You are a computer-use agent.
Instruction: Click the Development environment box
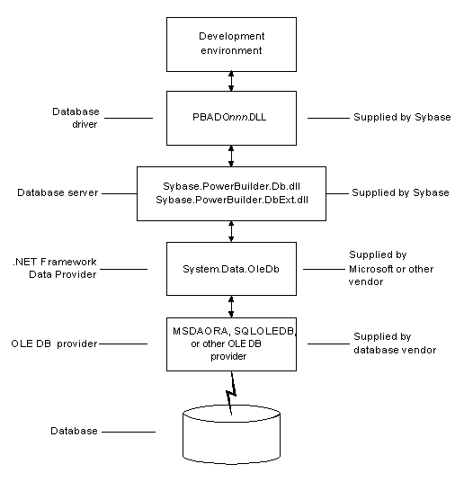pos(231,43)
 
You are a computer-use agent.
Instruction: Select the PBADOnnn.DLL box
pos(231,117)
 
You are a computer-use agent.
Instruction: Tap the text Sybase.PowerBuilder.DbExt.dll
pos(231,201)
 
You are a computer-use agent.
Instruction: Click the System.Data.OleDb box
pos(231,268)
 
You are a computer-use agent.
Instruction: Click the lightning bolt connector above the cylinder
pos(231,393)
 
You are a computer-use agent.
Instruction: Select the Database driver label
pos(76,118)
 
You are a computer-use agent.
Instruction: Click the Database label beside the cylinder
pos(75,431)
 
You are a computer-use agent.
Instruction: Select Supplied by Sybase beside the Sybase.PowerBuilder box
pos(400,193)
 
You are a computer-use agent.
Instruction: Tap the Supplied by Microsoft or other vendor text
pos(392,268)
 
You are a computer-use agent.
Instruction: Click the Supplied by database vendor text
pos(394,343)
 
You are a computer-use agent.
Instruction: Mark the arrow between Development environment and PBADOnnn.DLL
pos(231,80)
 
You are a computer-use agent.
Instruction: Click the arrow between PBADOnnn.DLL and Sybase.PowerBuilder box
pos(231,154)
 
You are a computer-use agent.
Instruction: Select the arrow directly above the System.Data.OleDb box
pos(231,229)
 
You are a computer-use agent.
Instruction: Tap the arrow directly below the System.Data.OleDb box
pos(231,305)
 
